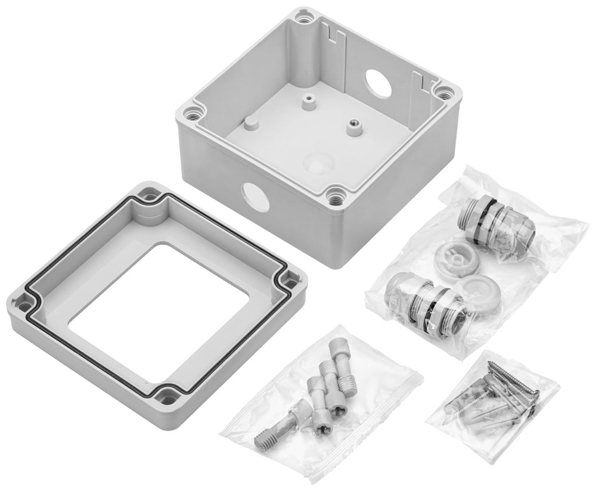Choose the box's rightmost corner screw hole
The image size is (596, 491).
(445, 92)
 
